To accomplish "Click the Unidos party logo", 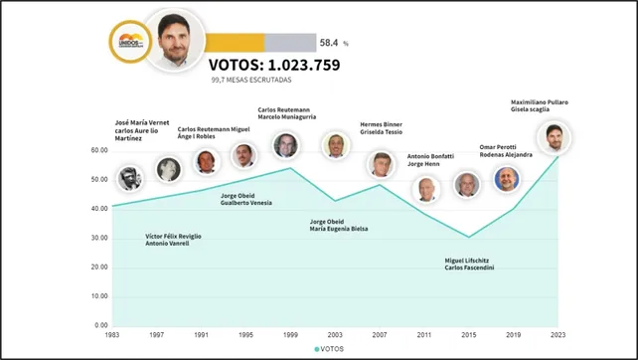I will (x=129, y=44).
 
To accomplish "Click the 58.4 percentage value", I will (x=330, y=43).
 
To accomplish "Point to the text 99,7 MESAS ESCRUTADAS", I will (x=250, y=82).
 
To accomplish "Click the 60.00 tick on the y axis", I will (x=98, y=150).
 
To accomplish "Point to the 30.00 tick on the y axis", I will (x=98, y=238).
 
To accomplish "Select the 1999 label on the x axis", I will (x=290, y=335).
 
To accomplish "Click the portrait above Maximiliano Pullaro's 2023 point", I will (x=555, y=138).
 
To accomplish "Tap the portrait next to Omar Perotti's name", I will (x=507, y=180).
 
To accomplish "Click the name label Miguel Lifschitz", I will (x=468, y=260).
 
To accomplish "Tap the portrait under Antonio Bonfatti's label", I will (x=425, y=188).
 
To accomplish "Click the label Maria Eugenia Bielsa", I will (x=338, y=229).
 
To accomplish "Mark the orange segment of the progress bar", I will (x=236, y=43).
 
